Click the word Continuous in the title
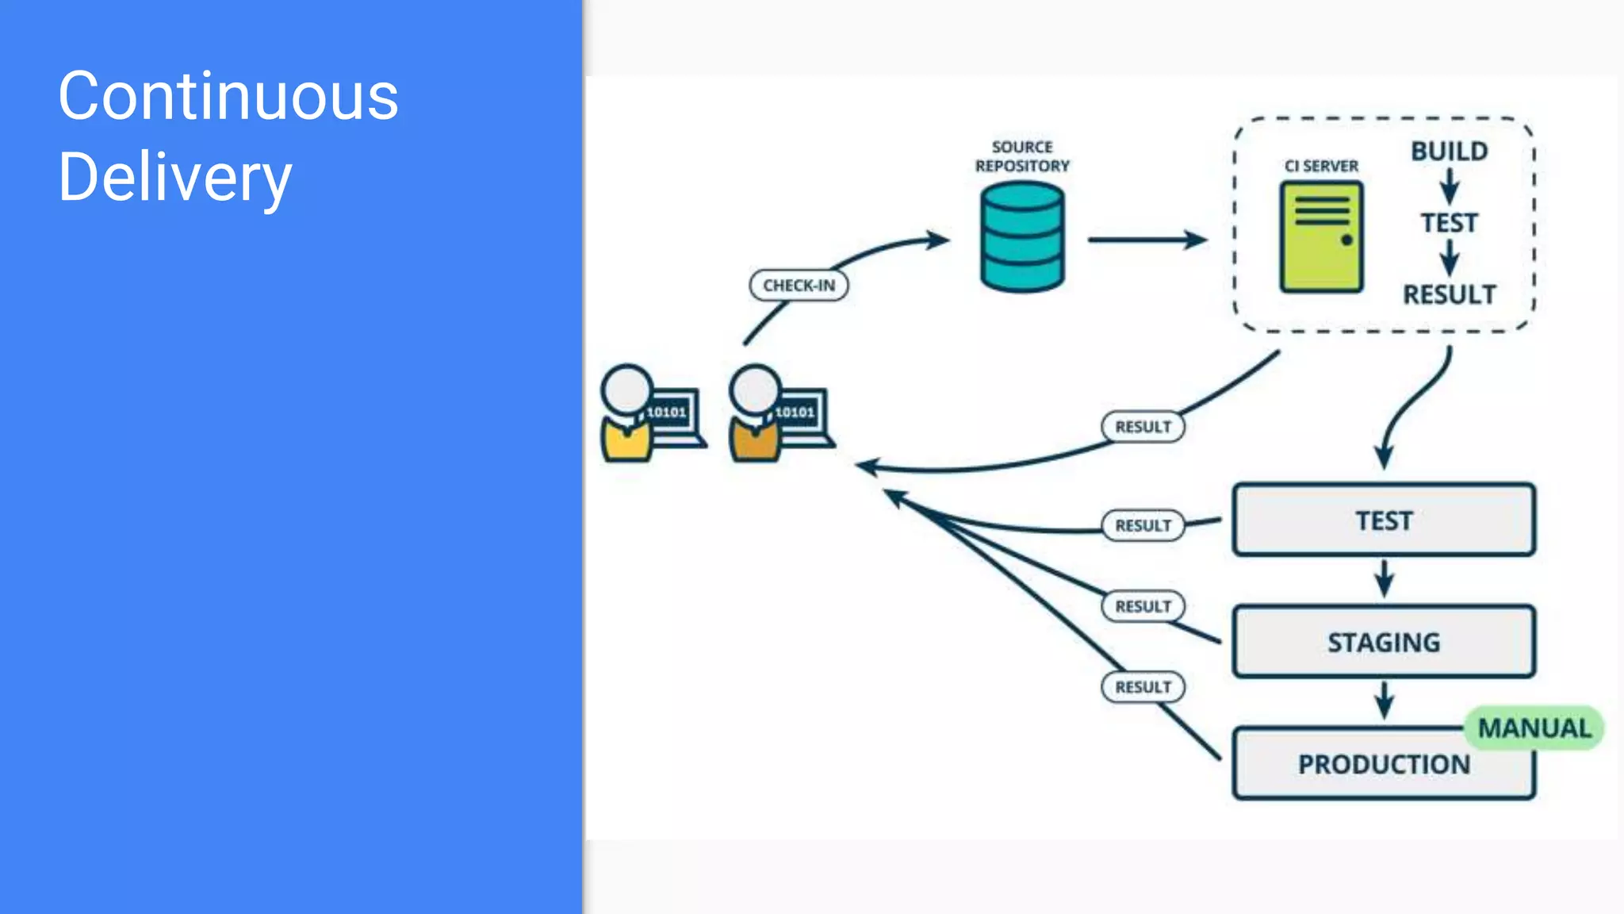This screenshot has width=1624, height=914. click(228, 96)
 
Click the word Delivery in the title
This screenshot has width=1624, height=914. click(175, 178)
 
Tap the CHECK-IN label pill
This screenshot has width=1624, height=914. click(799, 286)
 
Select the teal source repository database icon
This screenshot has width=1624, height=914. click(1022, 237)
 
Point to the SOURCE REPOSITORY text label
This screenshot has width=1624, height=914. click(1022, 156)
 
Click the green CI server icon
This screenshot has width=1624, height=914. click(1321, 237)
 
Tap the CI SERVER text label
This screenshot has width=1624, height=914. click(1321, 166)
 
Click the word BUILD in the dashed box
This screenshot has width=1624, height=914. click(1449, 151)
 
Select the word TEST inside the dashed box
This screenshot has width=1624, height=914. click(1449, 223)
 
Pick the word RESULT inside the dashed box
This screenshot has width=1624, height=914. click(1449, 294)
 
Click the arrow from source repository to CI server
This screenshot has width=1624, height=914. click(1147, 239)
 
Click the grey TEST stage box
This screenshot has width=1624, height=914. click(1384, 520)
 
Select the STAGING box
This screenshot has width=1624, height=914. click(1384, 642)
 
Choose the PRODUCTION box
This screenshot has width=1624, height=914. click(1384, 764)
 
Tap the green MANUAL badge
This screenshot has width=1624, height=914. click(1534, 728)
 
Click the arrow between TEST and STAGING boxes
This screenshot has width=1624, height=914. click(1385, 578)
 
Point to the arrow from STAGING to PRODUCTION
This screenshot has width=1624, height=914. click(1385, 700)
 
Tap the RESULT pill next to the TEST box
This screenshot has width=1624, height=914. click(1143, 525)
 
